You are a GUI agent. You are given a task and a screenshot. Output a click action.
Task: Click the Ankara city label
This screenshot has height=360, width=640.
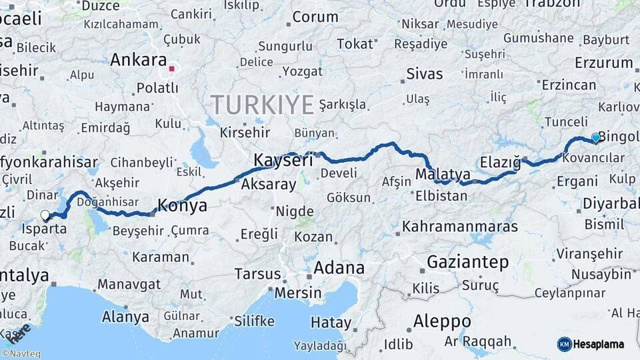[x=138, y=60]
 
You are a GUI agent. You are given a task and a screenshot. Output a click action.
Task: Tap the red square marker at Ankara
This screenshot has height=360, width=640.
[x=171, y=68]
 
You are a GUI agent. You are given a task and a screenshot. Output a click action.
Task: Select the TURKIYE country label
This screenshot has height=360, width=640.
[x=262, y=105]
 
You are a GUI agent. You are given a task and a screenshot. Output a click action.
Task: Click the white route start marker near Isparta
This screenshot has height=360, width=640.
[x=45, y=215]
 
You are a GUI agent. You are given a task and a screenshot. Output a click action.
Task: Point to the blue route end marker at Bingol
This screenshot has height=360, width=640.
[x=595, y=138]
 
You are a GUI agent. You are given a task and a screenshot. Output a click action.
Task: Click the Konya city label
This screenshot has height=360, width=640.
[x=181, y=205]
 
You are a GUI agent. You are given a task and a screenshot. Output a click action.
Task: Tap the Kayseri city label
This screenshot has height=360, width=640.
[x=283, y=160]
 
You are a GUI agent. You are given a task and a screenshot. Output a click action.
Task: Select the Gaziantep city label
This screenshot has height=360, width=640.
[x=467, y=262]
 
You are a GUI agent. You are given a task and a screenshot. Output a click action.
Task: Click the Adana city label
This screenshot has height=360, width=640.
[x=339, y=268]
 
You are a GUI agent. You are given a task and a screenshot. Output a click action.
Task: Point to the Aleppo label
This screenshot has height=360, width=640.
[x=441, y=321]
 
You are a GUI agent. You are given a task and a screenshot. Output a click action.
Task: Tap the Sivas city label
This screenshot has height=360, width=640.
[x=425, y=73]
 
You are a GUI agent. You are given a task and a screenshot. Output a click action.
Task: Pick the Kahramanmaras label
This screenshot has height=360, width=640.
[x=460, y=227]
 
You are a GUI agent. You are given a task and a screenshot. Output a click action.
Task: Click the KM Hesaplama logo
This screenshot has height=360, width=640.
[x=591, y=344]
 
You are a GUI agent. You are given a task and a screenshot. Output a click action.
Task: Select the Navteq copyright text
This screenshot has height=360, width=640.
[x=21, y=354]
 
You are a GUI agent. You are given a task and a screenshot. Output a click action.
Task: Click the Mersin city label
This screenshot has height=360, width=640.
[x=298, y=293]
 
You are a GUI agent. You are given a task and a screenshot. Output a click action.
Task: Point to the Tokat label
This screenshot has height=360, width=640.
[x=355, y=44]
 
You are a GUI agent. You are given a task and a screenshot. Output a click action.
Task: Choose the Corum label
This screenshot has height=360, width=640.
[x=315, y=17]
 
